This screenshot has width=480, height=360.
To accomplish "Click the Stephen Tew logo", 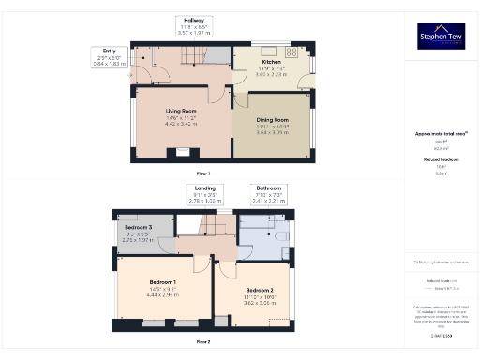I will (x=441, y=37).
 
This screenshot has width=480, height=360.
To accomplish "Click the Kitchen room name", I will (x=271, y=63).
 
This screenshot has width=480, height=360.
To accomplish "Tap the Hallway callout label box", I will (x=194, y=25).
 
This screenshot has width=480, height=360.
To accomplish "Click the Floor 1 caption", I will (x=202, y=173).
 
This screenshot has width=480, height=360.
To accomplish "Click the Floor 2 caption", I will (x=202, y=342).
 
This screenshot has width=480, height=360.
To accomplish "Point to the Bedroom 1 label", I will (x=162, y=282).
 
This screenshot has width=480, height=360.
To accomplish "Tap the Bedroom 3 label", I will (x=138, y=228).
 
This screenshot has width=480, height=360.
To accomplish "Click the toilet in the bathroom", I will (x=282, y=241).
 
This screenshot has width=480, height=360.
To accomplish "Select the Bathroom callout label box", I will (x=266, y=194).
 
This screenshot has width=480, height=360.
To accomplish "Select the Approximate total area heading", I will (x=440, y=135).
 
